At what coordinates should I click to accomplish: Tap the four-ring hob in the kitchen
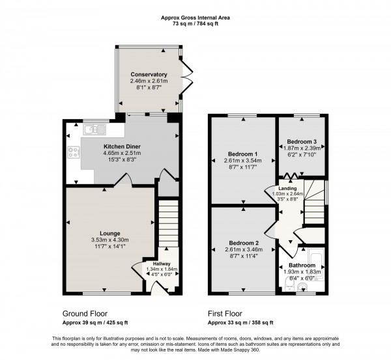pos(72,154)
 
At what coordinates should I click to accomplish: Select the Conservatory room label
pos(149,74)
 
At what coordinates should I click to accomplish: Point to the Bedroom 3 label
pos(302,141)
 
